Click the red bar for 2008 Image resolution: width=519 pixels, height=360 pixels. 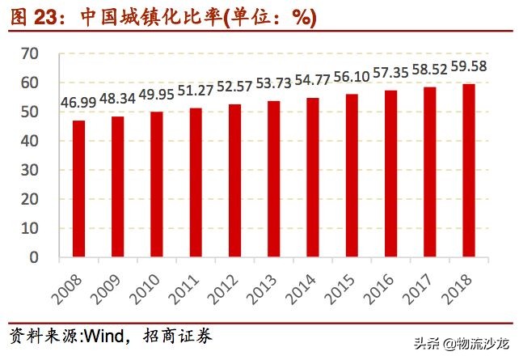78,188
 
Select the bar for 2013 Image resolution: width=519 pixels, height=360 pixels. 273,179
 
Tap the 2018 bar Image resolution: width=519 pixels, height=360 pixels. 469,171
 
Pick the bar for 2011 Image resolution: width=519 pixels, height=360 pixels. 196,182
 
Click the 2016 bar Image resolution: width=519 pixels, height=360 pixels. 390,174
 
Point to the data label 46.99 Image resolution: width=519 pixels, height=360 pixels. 78,104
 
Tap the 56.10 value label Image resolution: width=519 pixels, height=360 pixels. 351,77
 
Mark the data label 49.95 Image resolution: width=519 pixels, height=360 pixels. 156,95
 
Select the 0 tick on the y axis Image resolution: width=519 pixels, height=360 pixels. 34,257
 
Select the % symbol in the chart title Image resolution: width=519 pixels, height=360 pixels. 301,17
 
